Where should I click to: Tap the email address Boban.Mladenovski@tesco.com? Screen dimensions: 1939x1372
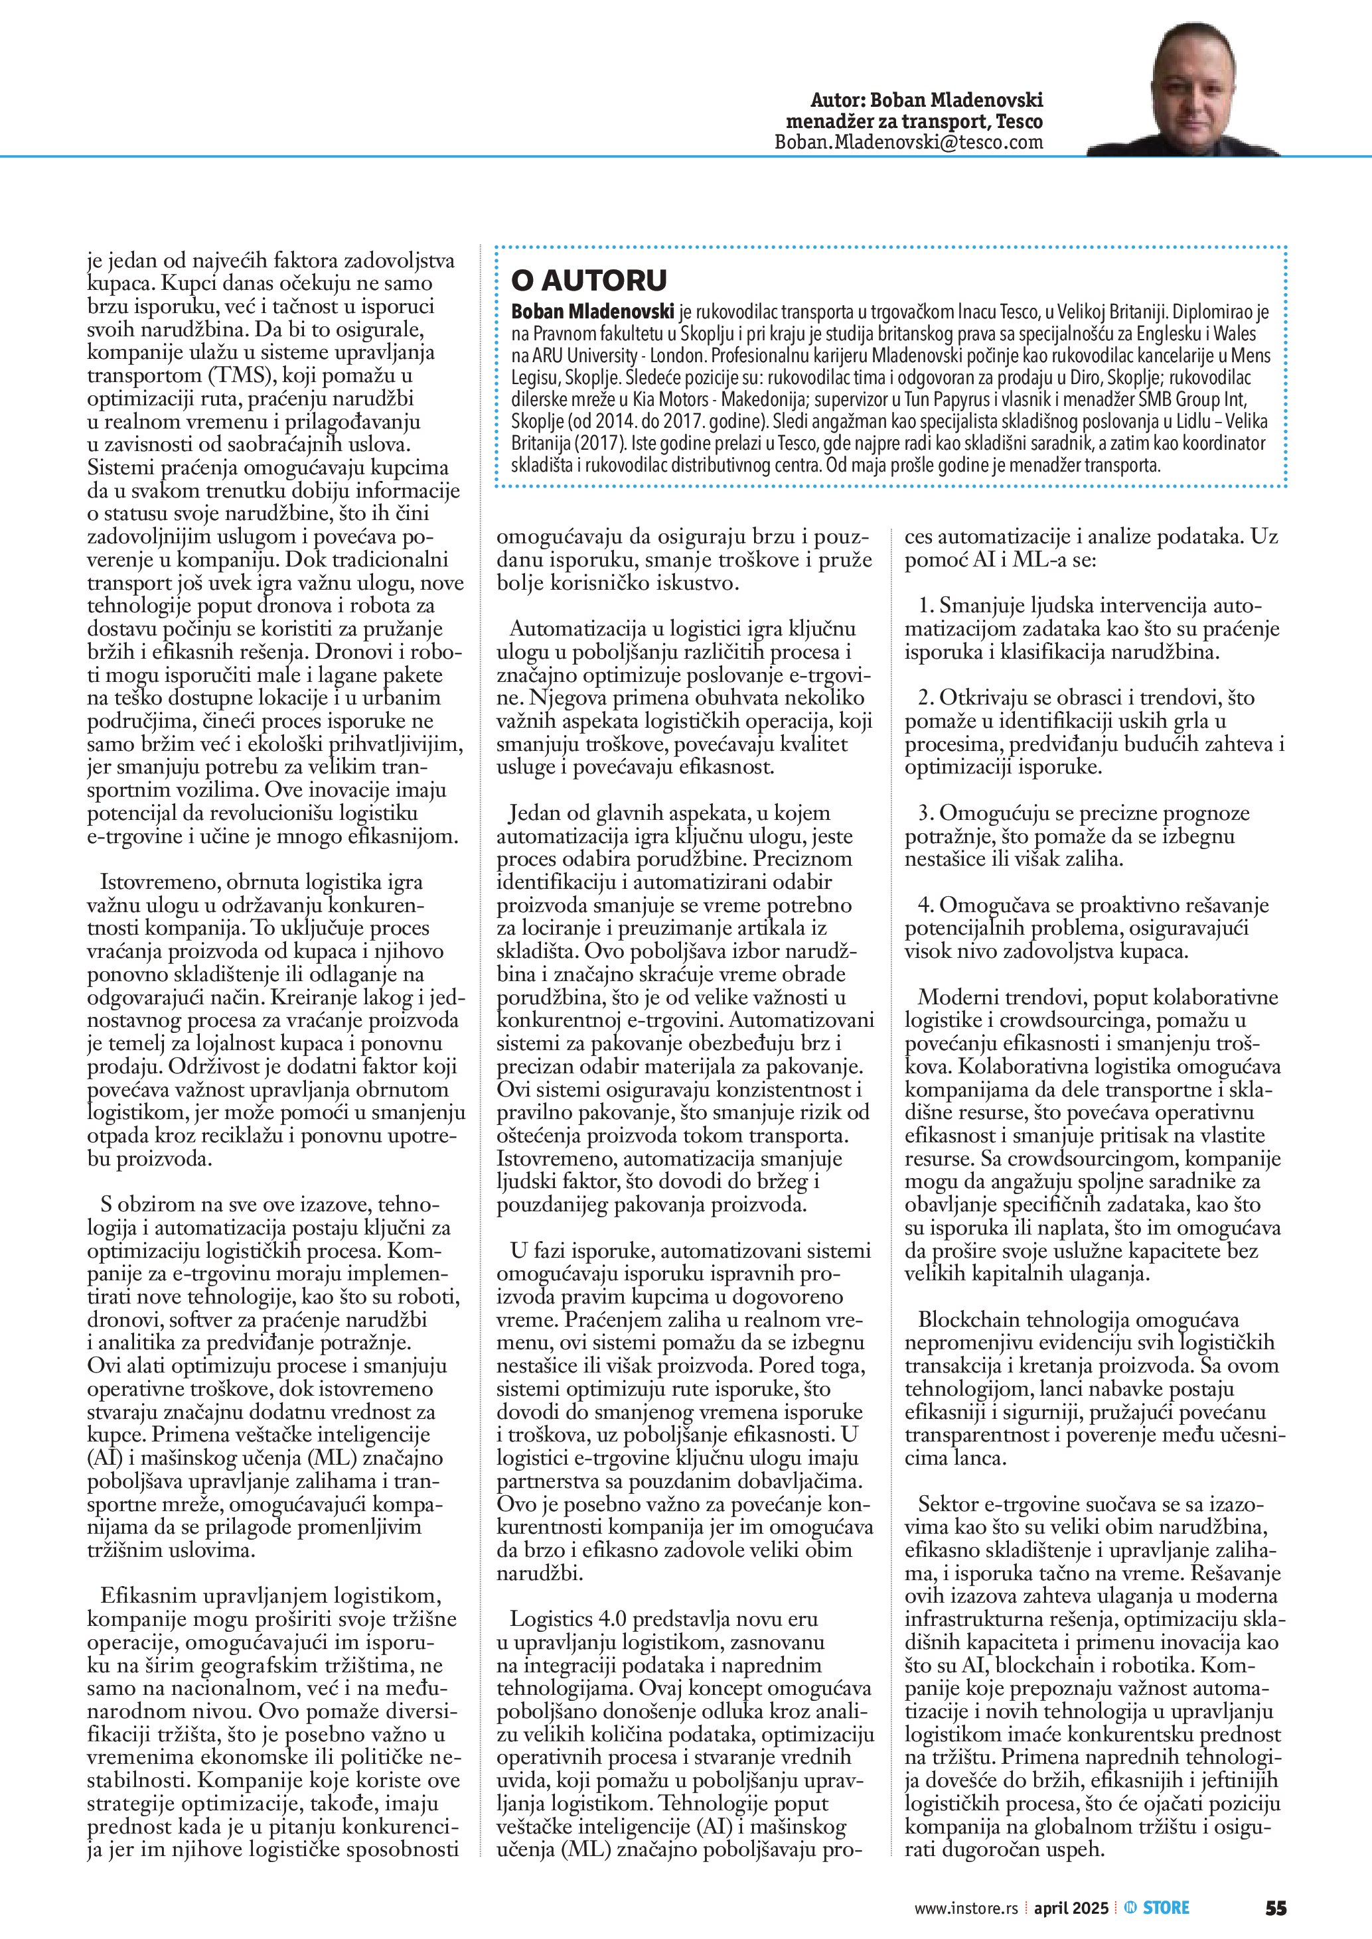(908, 143)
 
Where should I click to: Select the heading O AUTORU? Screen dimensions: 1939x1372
(589, 281)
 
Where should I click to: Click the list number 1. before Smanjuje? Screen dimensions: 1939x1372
(926, 606)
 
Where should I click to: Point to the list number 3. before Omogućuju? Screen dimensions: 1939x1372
(926, 813)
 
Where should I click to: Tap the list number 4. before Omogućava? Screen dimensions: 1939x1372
(926, 905)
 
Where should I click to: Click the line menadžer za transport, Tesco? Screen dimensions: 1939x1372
(914, 121)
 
